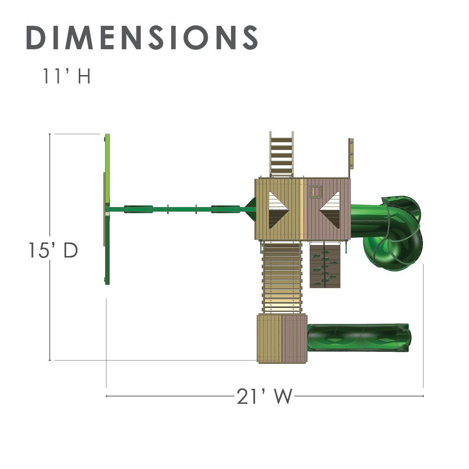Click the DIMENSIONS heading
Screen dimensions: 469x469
pos(142,38)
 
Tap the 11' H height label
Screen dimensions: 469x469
pos(67,76)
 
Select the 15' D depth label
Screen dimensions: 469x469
pos(53,250)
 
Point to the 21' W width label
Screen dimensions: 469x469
pos(264,396)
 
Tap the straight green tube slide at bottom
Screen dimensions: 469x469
pos(358,338)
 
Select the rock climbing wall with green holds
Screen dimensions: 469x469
pos(325,265)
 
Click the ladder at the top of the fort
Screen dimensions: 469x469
pos(281,154)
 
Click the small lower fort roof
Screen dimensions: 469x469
pos(282,338)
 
